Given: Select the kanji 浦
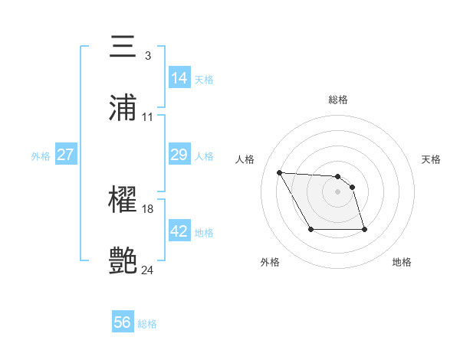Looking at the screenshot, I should tap(123, 107).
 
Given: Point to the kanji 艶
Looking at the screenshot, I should tap(123, 260).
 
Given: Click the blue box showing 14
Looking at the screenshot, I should tap(179, 78).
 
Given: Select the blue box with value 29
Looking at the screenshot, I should tap(179, 155).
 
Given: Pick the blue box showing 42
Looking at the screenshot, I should tap(179, 231).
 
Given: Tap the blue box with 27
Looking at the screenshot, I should tap(65, 155).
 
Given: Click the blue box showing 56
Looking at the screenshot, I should tap(123, 323).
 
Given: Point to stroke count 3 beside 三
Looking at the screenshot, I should tap(147, 56).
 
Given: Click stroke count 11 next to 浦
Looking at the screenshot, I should tap(147, 117).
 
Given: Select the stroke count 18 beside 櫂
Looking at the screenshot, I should tap(148, 209).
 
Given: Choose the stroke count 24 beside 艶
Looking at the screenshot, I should tap(148, 270).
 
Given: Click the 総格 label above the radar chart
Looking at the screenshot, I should tap(337, 100).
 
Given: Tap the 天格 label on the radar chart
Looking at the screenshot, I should tap(431, 159).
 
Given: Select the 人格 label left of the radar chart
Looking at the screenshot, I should tap(245, 159).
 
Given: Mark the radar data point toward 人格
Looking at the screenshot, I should tap(280, 172).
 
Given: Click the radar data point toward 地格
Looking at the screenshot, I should tap(364, 229).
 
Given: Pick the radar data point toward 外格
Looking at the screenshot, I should tap(310, 229).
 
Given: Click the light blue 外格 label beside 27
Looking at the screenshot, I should tap(41, 155).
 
